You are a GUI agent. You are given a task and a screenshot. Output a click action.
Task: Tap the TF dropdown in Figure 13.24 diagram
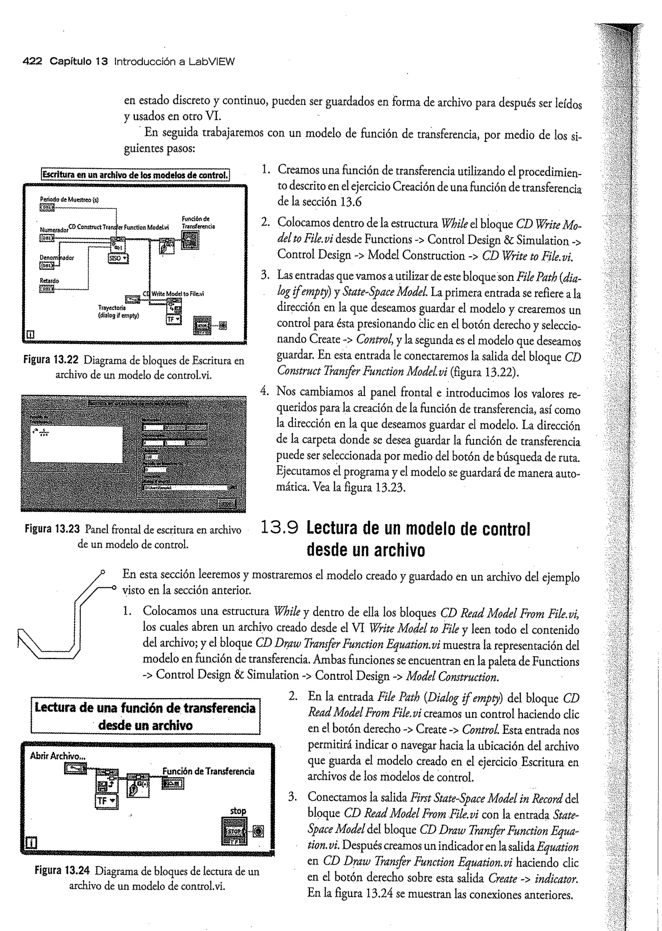106,801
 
